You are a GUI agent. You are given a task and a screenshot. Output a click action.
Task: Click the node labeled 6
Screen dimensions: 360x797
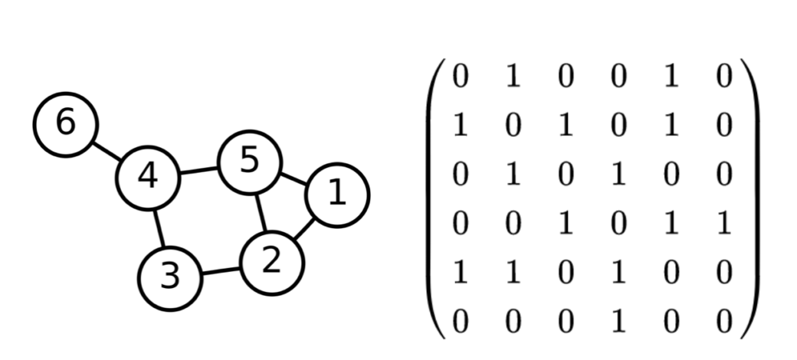tap(66, 124)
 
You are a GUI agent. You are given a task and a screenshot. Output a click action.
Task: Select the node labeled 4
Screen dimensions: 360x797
tap(147, 177)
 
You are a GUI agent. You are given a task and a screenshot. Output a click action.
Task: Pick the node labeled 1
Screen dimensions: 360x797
tap(336, 195)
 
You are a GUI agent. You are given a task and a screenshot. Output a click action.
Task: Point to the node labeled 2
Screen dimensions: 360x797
tap(272, 263)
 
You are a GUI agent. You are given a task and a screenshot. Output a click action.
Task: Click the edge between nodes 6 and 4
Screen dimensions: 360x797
tap(107, 150)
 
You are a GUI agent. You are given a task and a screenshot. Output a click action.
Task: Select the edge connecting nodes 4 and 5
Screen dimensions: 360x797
tap(198, 170)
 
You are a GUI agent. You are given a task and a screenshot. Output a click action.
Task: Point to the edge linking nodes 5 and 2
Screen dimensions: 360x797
tap(261, 212)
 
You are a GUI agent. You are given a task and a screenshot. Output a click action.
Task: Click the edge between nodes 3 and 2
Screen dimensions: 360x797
tap(221, 270)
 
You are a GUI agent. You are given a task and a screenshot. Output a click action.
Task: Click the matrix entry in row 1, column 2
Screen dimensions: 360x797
tap(513, 77)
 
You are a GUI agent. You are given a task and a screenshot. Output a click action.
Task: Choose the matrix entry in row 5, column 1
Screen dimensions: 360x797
tap(460, 272)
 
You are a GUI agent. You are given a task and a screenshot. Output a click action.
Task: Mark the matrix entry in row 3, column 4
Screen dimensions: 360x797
tap(618, 175)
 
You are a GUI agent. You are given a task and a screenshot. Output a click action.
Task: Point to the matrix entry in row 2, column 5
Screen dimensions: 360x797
tap(671, 126)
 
